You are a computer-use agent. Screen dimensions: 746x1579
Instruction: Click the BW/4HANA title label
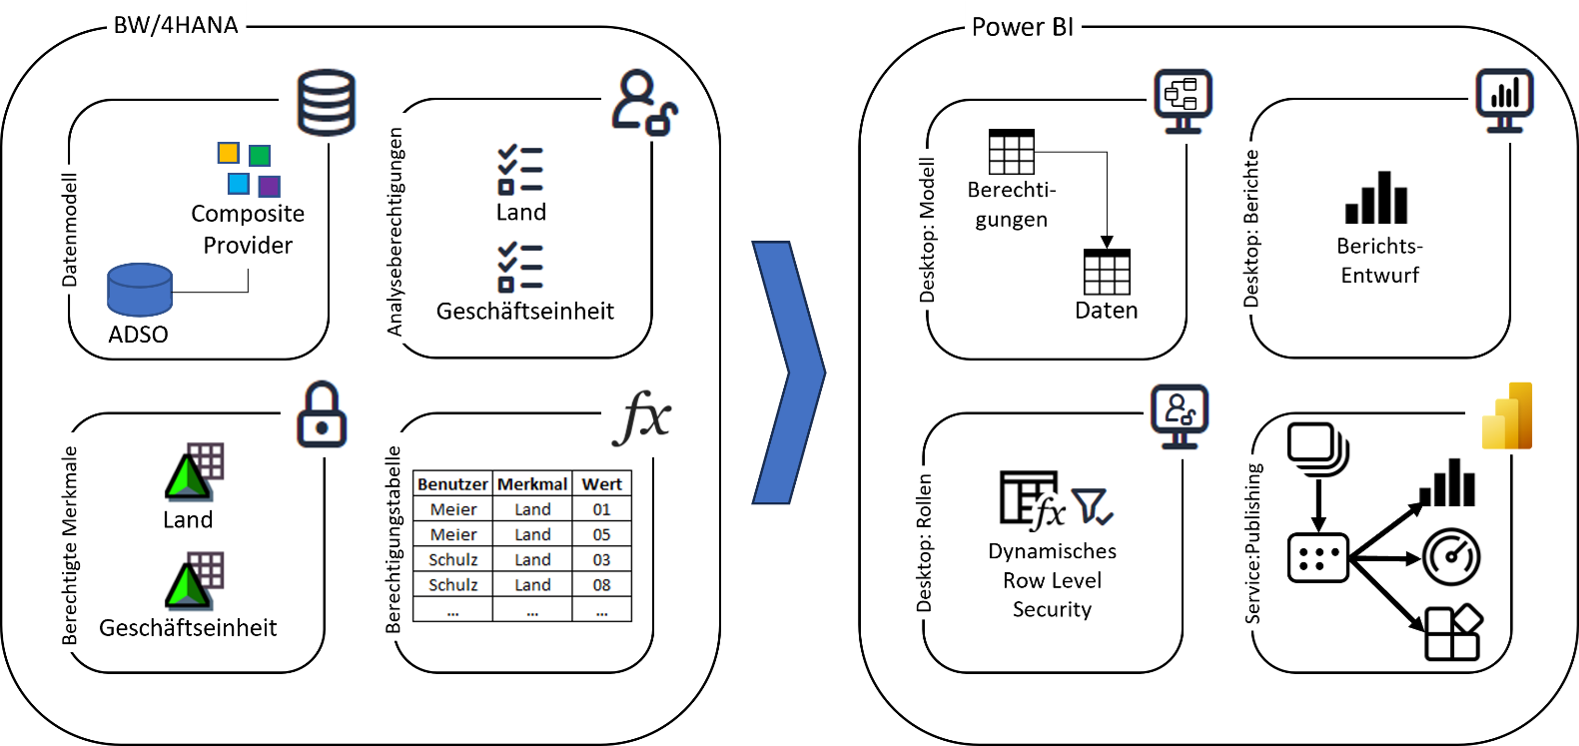pyautogui.click(x=176, y=25)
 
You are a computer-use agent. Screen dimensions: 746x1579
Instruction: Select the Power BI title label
pyautogui.click(x=1022, y=27)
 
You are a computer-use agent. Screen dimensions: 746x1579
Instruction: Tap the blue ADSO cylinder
pyautogui.click(x=140, y=290)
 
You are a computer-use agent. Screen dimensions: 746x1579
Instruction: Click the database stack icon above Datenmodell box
pyautogui.click(x=327, y=103)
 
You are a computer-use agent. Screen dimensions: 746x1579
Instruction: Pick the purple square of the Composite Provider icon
pyautogui.click(x=270, y=186)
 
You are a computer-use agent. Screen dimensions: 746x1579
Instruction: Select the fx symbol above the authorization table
pyautogui.click(x=641, y=416)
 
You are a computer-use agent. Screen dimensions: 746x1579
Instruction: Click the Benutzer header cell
pyautogui.click(x=452, y=484)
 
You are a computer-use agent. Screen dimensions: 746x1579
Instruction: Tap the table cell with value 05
pyautogui.click(x=601, y=534)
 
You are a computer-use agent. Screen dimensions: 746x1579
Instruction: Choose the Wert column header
pyautogui.click(x=601, y=484)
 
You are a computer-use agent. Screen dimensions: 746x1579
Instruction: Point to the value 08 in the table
pyautogui.click(x=601, y=585)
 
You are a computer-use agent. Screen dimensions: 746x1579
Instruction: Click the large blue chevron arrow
pyautogui.click(x=789, y=372)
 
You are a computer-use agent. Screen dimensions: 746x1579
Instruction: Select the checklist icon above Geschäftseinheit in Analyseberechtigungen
pyautogui.click(x=520, y=267)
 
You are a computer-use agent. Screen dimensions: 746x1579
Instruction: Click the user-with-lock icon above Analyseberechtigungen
pyautogui.click(x=643, y=102)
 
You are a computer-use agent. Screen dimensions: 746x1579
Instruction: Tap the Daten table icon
pyautogui.click(x=1107, y=273)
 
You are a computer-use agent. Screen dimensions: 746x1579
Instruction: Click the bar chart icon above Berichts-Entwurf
pyautogui.click(x=1376, y=198)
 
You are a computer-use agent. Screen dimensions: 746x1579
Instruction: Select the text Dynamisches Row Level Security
pyautogui.click(x=1052, y=580)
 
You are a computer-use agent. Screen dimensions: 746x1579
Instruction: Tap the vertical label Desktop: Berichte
pyautogui.click(x=1251, y=229)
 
